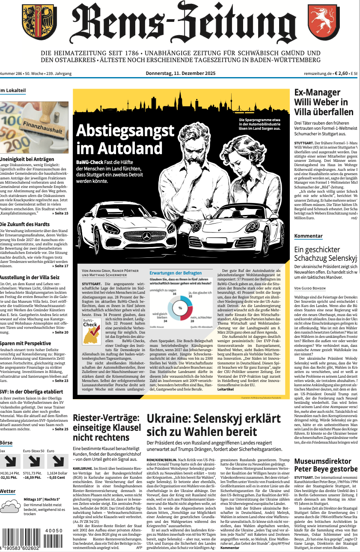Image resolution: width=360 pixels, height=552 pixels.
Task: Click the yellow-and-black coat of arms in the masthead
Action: click(x=39, y=22)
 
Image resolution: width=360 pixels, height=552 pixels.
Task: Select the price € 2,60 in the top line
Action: click(x=341, y=73)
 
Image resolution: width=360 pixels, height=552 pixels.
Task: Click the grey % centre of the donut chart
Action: click(x=180, y=308)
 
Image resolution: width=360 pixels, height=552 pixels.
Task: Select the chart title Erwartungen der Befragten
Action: click(x=176, y=273)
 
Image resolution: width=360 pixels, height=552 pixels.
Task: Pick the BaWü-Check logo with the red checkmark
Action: click(x=91, y=329)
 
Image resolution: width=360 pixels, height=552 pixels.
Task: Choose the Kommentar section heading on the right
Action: click(x=308, y=236)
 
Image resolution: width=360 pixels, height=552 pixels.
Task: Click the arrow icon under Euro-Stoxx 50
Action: click(x=33, y=461)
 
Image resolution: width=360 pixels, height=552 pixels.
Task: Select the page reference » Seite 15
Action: click(x=60, y=213)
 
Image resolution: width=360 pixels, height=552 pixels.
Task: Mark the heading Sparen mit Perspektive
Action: click(x=26, y=343)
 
